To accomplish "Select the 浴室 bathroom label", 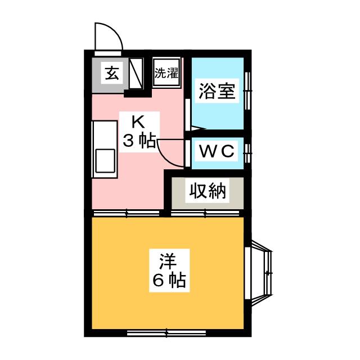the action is (216, 91).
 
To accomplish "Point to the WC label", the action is (215, 151).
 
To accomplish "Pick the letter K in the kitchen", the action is (137, 121).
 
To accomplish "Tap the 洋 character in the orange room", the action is (167, 261).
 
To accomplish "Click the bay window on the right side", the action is (263, 269).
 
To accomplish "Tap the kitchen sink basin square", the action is (106, 160).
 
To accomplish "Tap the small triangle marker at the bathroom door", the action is (194, 127).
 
